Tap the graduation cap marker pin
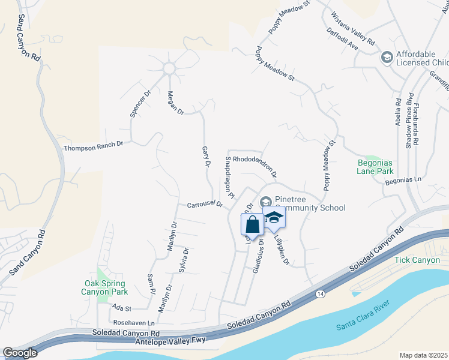click(274, 218)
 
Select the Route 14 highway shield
click(320, 294)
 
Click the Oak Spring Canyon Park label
click(104, 287)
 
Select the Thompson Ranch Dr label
click(93, 145)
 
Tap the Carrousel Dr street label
click(205, 205)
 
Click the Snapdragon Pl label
click(229, 178)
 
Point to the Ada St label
click(121, 307)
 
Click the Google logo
click(20, 353)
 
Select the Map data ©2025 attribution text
click(423, 355)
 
